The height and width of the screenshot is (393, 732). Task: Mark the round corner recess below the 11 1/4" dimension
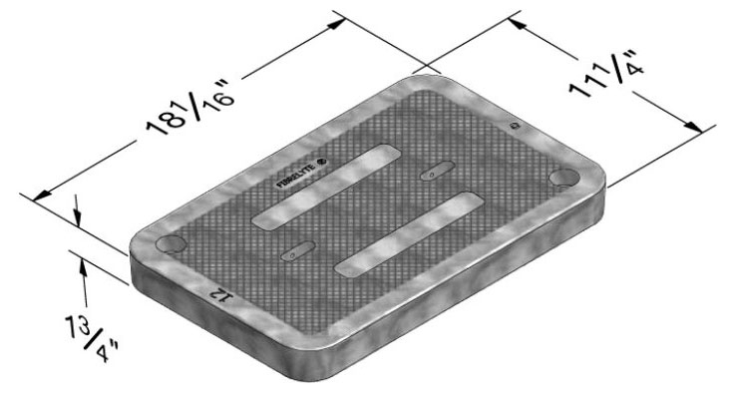[x=564, y=177]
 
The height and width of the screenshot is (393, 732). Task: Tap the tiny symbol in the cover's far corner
[x=514, y=127]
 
